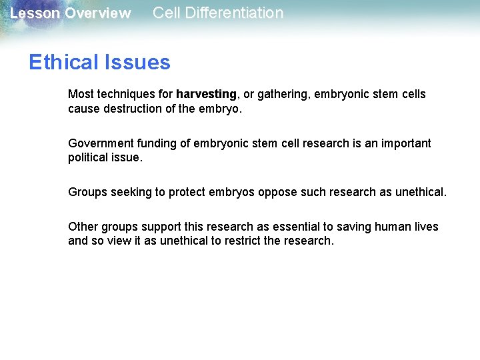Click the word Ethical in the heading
[63, 63]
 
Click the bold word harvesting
[206, 94]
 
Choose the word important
[400, 143]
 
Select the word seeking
[131, 192]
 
